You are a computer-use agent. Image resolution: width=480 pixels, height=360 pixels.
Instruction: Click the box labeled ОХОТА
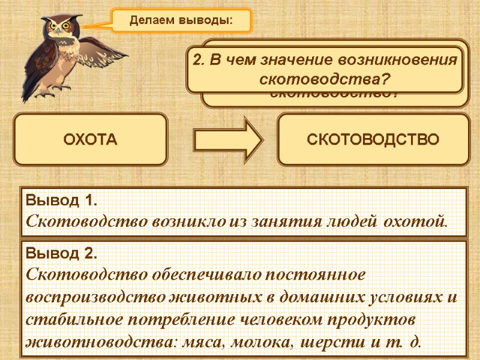(91, 140)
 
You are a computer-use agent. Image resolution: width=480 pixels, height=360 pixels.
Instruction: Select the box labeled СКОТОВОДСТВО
(373, 140)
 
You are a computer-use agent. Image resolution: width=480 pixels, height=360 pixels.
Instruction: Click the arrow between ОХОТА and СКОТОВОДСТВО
(229, 140)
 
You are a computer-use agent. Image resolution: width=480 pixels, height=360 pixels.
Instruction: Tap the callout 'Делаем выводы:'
(181, 20)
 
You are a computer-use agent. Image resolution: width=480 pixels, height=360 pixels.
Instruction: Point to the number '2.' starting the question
(198, 60)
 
